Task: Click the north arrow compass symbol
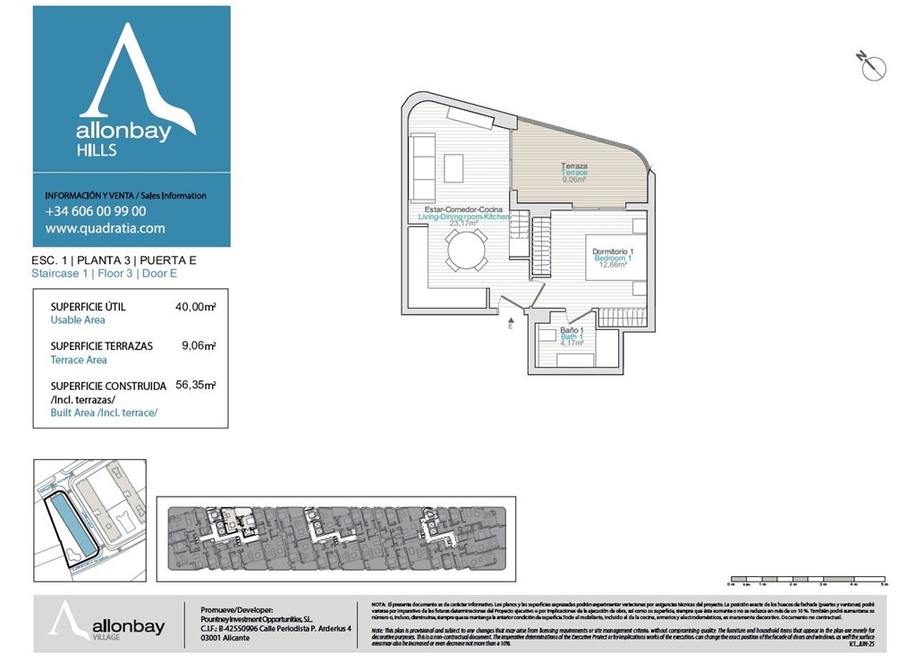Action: pos(872,66)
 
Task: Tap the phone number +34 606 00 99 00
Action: pos(96,212)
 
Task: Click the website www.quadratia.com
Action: pos(105,228)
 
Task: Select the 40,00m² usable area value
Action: pos(196,307)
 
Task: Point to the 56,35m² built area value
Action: pos(196,386)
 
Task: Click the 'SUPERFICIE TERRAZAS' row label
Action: pos(101,346)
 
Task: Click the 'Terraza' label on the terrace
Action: pos(574,166)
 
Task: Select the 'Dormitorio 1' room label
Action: pos(613,252)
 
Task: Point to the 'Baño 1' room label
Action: pos(572,330)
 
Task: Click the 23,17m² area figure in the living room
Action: pos(463,224)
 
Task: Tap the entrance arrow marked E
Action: pos(510,322)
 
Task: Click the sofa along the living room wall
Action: pos(422,167)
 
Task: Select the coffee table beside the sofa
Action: pos(454,167)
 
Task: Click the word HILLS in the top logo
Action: pos(97,150)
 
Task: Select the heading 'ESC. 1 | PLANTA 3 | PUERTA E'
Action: pos(114,261)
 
